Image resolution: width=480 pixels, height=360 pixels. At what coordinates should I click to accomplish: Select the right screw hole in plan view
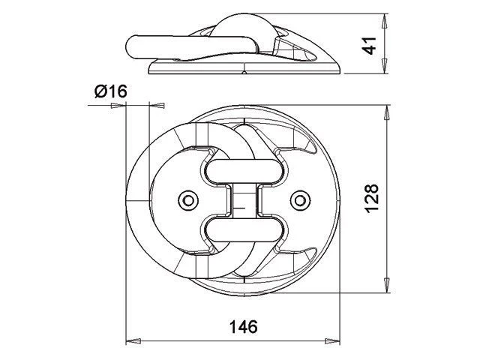300,199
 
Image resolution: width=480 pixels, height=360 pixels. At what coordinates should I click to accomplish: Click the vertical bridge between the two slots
244,199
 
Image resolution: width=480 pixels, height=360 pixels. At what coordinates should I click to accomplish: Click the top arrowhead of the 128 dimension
387,112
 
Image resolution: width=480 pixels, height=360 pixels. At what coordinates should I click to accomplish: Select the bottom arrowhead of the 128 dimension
387,286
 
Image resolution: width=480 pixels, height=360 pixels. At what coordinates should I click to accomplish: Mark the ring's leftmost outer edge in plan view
126,199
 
